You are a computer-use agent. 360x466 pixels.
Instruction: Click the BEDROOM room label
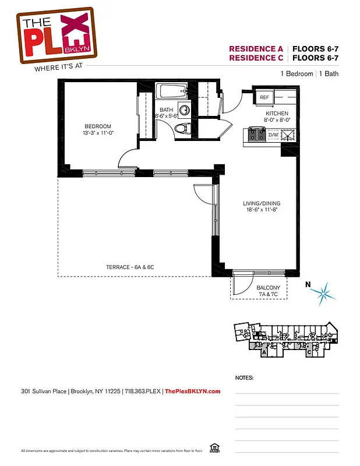[x=97, y=126]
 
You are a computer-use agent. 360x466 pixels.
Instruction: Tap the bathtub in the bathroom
[x=171, y=91]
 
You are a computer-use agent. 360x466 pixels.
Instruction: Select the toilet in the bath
[x=182, y=128]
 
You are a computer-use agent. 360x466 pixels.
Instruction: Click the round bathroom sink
[x=186, y=109]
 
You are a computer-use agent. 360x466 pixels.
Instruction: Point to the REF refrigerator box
[x=264, y=97]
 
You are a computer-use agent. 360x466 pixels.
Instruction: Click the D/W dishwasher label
[x=273, y=135]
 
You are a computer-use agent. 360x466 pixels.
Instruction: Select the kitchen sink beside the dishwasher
[x=288, y=135]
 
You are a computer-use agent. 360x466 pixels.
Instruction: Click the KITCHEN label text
[x=277, y=113]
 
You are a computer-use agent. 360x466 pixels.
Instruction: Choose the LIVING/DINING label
[x=260, y=203]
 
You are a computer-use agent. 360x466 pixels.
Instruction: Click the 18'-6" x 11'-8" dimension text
[x=260, y=210]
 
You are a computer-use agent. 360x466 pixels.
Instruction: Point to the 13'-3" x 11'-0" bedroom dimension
[x=97, y=133]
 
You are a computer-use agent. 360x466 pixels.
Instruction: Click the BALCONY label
[x=268, y=288]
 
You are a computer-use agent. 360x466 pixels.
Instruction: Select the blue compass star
[x=325, y=291]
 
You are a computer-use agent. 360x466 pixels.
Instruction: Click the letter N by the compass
[x=309, y=285]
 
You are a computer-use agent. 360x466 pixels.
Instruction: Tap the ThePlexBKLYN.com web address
[x=193, y=391]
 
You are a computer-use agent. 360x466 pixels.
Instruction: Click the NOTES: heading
[x=244, y=377]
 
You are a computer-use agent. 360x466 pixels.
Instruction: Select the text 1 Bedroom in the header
[x=297, y=74]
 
